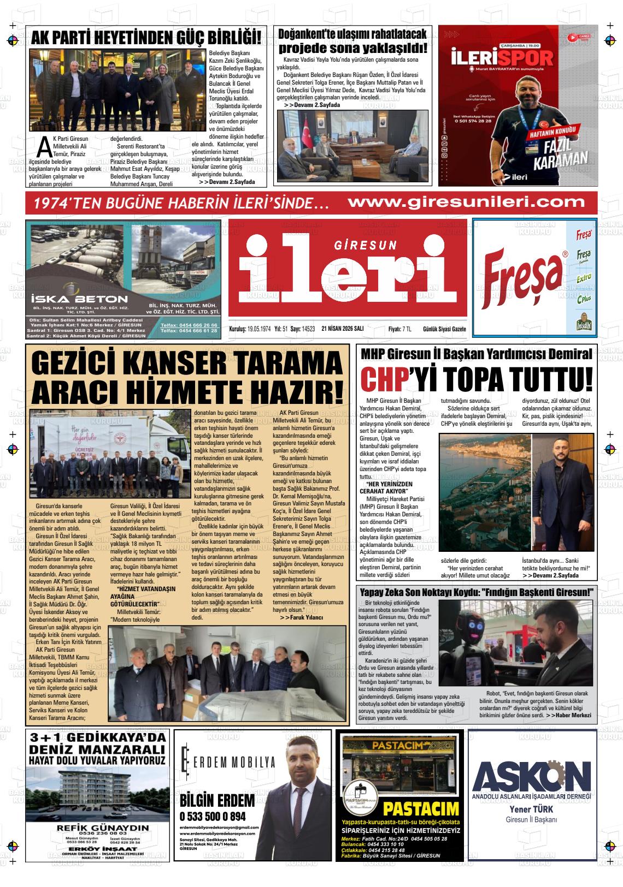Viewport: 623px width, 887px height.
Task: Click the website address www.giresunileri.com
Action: coord(466,202)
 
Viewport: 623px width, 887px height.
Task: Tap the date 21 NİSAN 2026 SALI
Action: coord(343,329)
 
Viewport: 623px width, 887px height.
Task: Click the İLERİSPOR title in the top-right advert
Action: coord(503,58)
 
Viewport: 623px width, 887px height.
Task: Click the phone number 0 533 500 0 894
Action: coord(212,817)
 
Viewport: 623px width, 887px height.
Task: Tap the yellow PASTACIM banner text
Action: coord(421,808)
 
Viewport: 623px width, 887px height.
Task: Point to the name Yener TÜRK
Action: coord(531,809)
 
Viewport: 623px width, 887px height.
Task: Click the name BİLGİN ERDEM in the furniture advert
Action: coord(217,801)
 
